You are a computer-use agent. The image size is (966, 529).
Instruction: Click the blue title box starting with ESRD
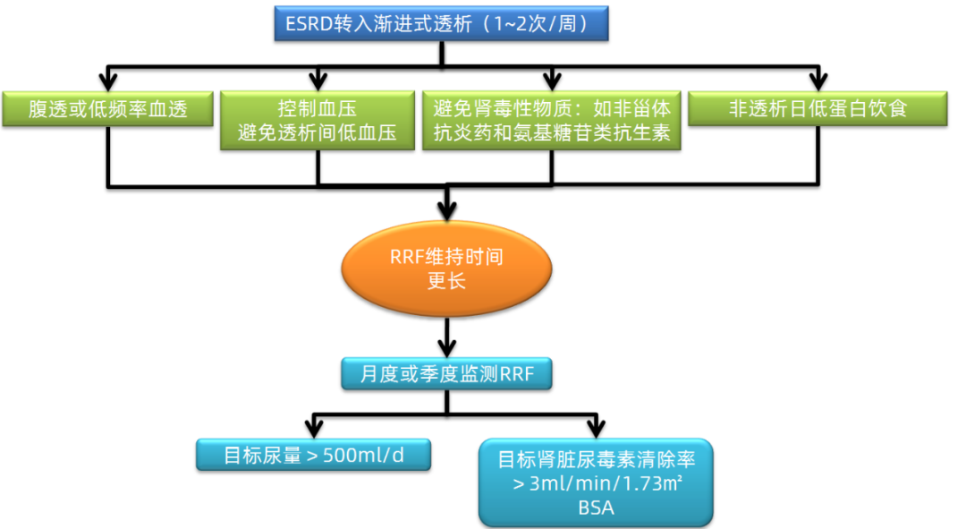(441, 23)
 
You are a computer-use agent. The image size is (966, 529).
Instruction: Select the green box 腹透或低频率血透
(107, 108)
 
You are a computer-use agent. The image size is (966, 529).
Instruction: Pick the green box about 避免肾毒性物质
(551, 121)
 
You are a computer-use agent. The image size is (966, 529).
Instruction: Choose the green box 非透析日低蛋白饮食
(818, 108)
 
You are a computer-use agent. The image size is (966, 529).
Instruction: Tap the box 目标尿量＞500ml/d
(313, 454)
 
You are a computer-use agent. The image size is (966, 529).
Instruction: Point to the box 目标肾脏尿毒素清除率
(596, 482)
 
